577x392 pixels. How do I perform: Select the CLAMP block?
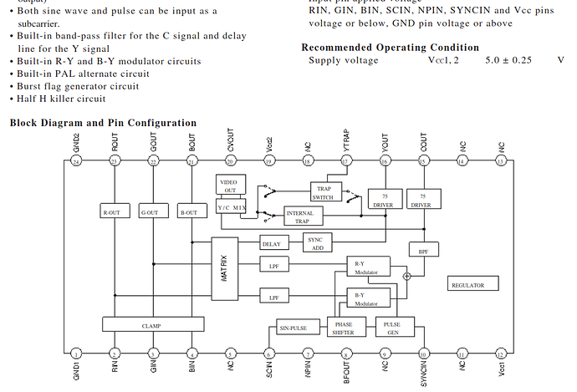[152, 324]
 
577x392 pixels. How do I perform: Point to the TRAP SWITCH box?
[323, 192]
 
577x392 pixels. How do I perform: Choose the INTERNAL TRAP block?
[299, 216]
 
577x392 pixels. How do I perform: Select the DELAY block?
[271, 244]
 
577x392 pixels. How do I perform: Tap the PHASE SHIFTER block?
[344, 328]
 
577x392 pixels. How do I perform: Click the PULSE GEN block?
[391, 328]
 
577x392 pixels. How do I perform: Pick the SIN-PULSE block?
[294, 328]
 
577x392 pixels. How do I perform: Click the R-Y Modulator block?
[368, 267]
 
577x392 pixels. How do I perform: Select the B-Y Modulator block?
[368, 298]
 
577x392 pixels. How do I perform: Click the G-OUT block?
[153, 212]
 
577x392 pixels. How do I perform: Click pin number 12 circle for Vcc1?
[500, 354]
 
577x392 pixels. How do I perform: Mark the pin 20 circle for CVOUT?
[230, 160]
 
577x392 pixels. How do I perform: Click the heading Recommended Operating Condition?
[390, 48]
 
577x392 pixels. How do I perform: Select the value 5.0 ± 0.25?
[508, 61]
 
